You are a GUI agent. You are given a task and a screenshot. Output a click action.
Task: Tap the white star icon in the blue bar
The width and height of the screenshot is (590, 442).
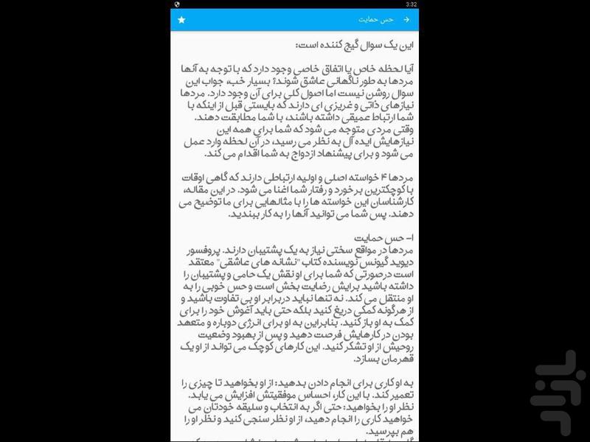[x=181, y=20]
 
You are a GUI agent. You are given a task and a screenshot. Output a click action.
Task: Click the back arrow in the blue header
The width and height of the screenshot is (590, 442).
[x=406, y=20]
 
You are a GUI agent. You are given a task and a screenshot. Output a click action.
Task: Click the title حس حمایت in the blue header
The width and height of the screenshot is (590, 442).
[x=375, y=20]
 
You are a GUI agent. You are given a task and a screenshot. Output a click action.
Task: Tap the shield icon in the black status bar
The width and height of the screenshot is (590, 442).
[x=178, y=4]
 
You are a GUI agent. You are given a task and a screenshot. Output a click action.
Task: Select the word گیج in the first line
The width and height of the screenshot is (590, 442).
[x=341, y=44]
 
